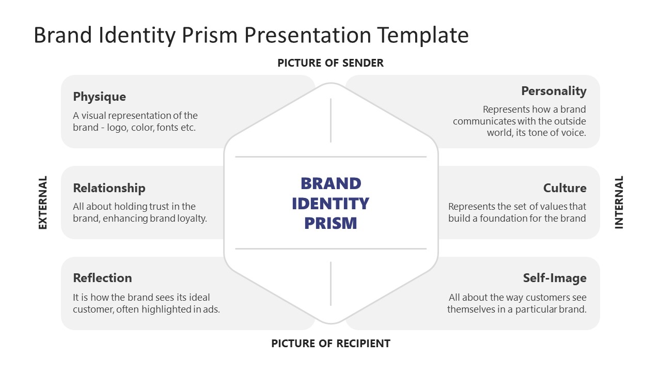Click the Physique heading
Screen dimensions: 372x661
point(99,97)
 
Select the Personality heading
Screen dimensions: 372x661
point(554,91)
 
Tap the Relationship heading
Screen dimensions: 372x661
point(109,188)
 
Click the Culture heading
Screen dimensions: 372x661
point(564,188)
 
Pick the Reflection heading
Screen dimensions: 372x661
point(102,278)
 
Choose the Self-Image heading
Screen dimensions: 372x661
point(555,278)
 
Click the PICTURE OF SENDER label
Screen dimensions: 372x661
point(330,63)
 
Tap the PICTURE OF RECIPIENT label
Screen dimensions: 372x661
point(330,343)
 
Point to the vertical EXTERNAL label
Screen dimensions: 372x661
point(43,203)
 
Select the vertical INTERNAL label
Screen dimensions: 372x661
point(619,203)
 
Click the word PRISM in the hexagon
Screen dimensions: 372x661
point(330,223)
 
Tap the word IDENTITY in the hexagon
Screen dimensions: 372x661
point(330,204)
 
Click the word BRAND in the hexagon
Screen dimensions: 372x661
point(330,183)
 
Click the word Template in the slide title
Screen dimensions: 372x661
point(422,35)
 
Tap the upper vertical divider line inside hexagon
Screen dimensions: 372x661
point(330,120)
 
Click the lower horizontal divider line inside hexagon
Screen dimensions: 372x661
point(330,249)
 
